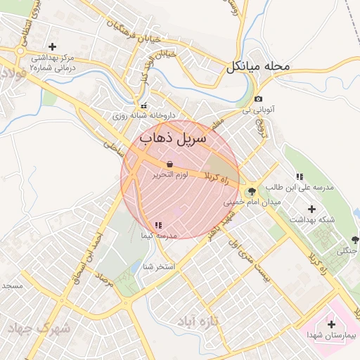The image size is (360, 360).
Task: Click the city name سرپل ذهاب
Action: click(174, 138)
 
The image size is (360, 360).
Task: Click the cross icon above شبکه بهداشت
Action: click(311, 209)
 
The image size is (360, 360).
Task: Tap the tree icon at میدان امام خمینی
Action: click(252, 191)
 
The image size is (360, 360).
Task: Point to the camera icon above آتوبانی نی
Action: click(259, 99)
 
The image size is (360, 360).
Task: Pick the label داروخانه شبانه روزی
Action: click(144, 115)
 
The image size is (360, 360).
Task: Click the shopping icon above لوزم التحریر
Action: click(170, 164)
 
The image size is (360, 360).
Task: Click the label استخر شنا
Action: click(158, 266)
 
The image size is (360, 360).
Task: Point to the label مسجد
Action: click(13, 286)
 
